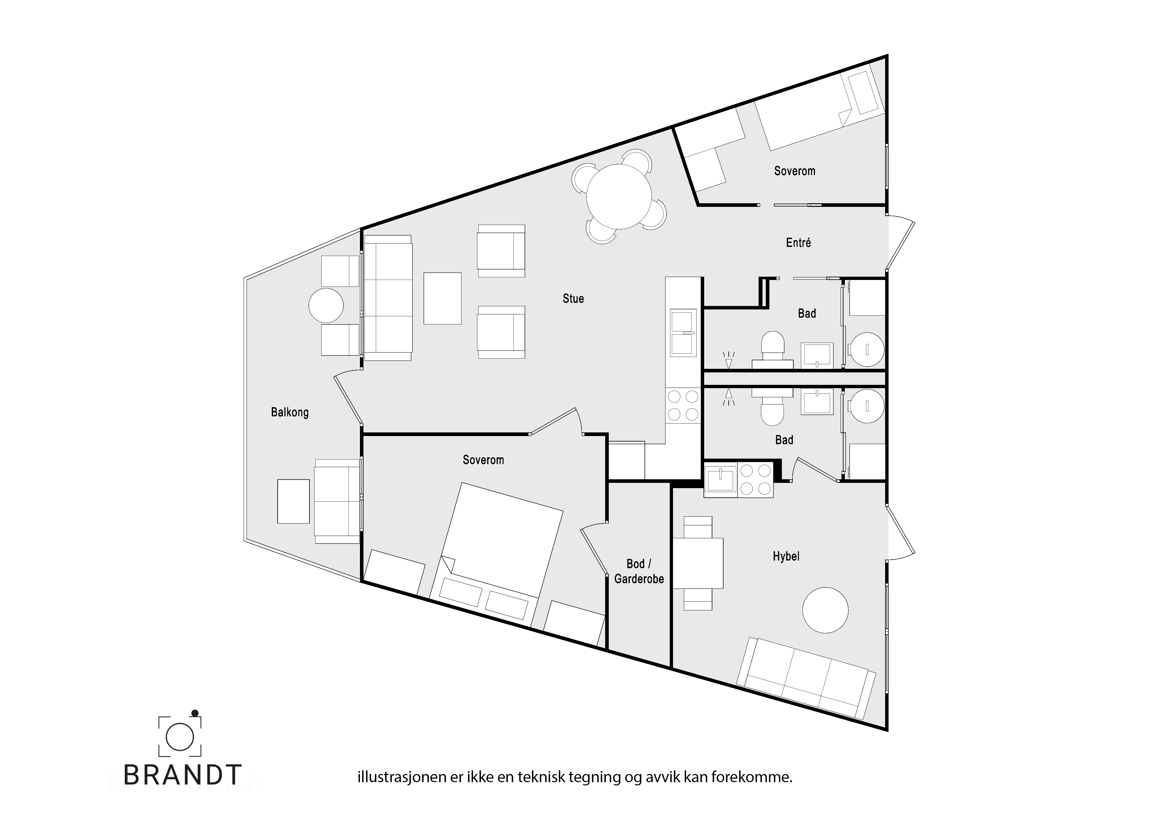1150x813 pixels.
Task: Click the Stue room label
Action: point(573,299)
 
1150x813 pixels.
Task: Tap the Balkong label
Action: point(289,412)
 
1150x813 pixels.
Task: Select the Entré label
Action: point(798,243)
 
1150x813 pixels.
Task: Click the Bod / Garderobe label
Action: point(639,571)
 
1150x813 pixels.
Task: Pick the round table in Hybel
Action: point(825,610)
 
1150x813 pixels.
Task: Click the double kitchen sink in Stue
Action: point(683,333)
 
